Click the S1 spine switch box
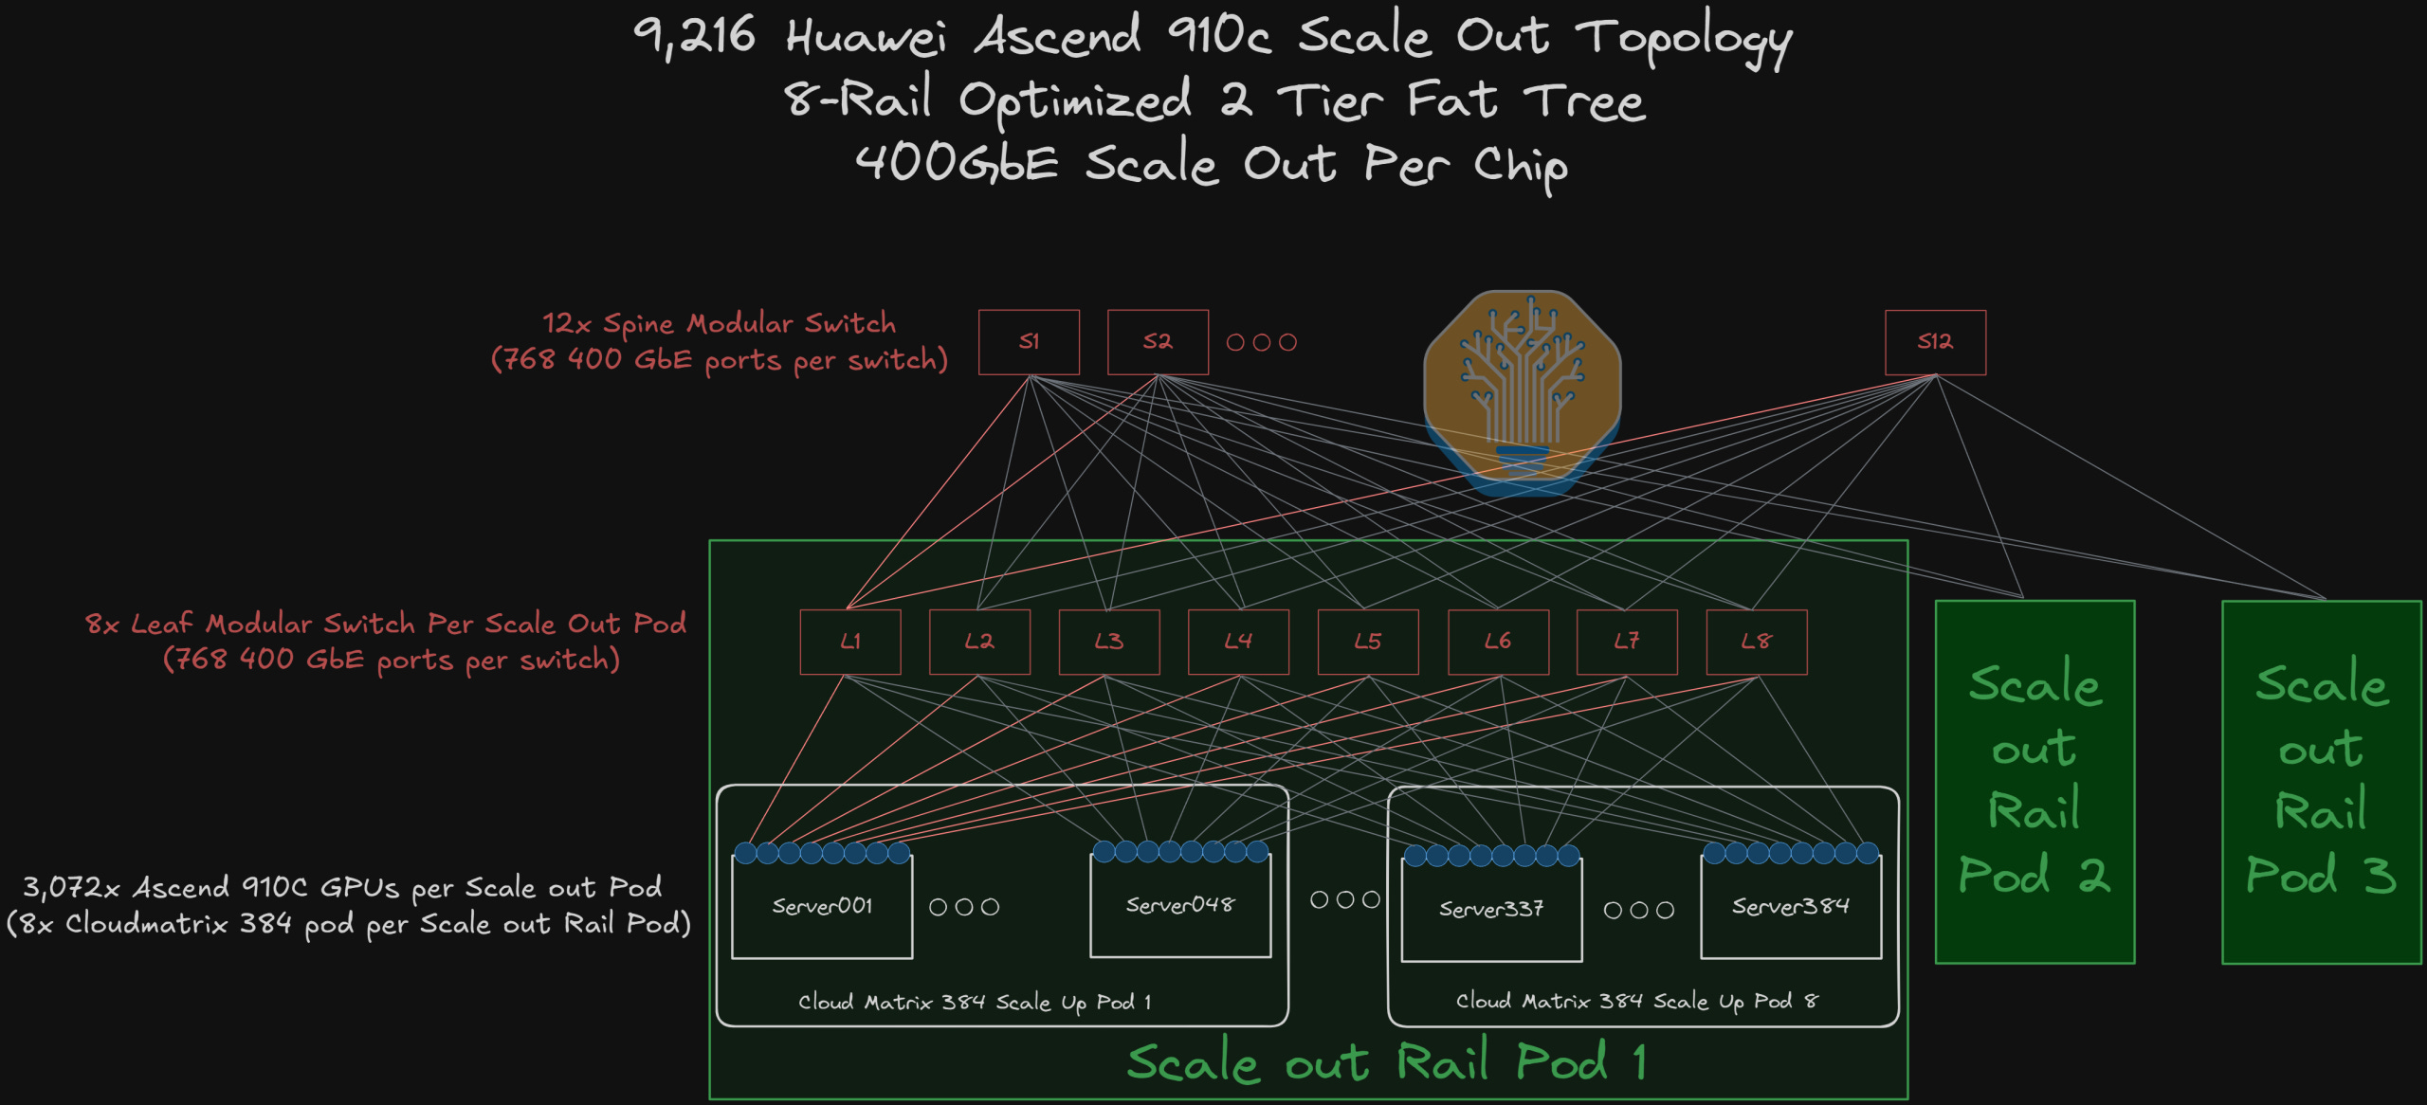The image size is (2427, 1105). (1029, 342)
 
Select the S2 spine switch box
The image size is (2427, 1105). (1158, 342)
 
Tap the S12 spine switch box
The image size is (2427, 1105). (1935, 342)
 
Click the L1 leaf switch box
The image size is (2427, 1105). (850, 642)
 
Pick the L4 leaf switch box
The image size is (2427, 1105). (1238, 642)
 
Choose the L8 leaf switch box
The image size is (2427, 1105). (1756, 642)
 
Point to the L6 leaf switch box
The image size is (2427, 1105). (1498, 642)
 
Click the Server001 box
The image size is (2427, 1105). (822, 907)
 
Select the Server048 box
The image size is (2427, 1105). (1180, 906)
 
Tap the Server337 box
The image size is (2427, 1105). (1491, 910)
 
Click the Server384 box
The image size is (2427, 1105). (1791, 907)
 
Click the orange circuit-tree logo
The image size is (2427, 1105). (1523, 389)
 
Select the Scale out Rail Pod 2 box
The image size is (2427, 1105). (2035, 781)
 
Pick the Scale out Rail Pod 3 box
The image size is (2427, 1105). (2322, 781)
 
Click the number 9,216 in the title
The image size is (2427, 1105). (695, 38)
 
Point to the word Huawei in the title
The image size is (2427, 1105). (866, 38)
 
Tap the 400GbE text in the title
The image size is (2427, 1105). (957, 163)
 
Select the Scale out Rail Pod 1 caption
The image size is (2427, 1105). (1386, 1062)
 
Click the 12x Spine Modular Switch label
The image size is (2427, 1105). (719, 324)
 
